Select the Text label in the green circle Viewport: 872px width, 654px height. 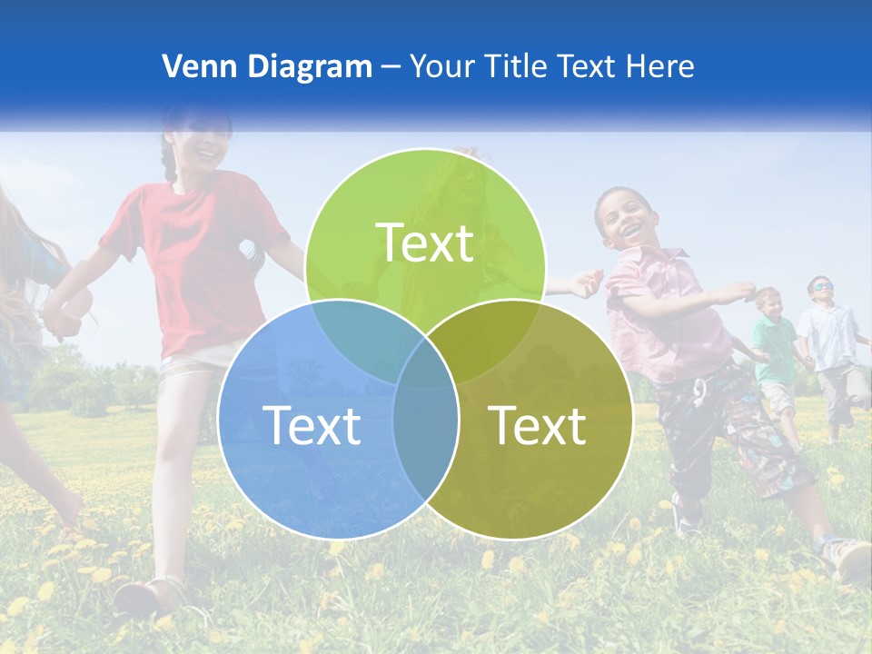pyautogui.click(x=425, y=243)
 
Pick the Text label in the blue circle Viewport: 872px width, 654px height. pyautogui.click(x=312, y=425)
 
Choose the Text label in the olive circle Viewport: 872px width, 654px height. pyautogui.click(x=538, y=425)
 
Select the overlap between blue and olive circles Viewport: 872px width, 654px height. pyautogui.click(x=425, y=436)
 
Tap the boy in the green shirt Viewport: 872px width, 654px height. pyautogui.click(x=775, y=345)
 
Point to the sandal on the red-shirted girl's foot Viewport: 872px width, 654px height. pyautogui.click(x=150, y=595)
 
